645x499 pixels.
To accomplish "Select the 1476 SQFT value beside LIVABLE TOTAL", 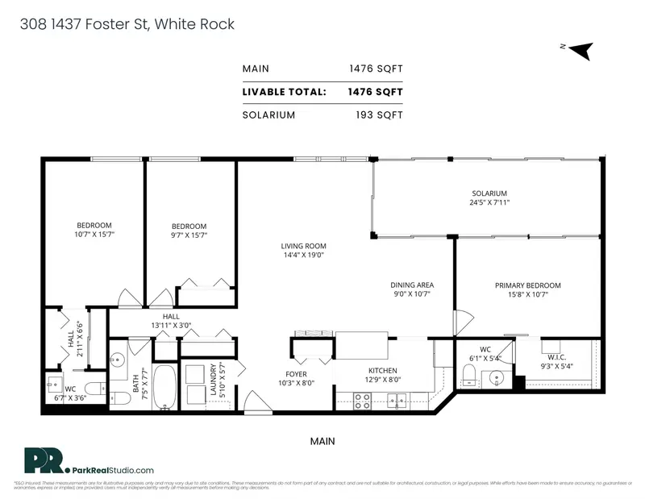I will [375, 92].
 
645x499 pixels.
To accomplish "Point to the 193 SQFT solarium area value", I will [379, 114].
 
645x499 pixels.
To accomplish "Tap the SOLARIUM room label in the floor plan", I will [489, 193].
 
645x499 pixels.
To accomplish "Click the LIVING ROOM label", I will [303, 246].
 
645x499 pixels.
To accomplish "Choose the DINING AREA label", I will [413, 285].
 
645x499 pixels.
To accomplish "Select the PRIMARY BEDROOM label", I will [527, 285].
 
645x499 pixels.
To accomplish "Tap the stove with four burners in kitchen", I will [363, 401].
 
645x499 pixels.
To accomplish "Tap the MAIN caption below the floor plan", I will [322, 442].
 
